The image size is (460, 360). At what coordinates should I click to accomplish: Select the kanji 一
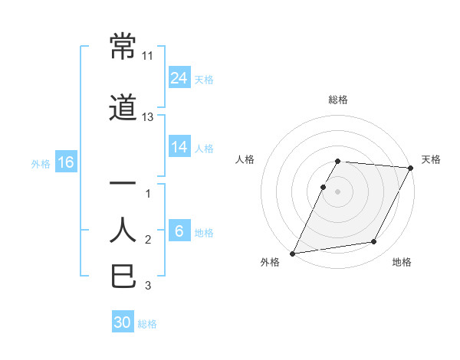coord(123,184)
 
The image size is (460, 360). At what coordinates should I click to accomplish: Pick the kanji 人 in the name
coord(123,230)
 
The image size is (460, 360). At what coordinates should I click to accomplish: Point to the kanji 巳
coord(123,276)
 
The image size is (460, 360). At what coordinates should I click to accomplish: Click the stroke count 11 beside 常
coord(148,56)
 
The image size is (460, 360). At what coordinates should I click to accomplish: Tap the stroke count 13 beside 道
coord(148,117)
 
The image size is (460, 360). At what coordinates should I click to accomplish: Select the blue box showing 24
coord(179,78)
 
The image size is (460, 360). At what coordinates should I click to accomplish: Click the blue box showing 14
coord(179,147)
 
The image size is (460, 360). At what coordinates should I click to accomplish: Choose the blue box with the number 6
coord(179,231)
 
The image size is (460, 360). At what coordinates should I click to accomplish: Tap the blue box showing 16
coord(65,162)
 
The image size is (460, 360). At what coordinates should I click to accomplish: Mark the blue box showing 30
coord(123,323)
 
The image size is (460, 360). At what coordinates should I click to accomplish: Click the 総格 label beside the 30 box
coord(147,324)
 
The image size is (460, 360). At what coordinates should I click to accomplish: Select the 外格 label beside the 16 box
coord(41,163)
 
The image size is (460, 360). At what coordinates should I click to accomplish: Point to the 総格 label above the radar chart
coord(338,100)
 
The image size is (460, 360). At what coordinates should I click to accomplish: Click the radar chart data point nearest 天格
coord(411,168)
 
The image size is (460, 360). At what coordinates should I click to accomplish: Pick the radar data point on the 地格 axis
coord(374,242)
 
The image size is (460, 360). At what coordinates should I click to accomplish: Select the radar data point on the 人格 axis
coord(323,187)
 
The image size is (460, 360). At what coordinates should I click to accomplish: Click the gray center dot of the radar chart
coord(338,191)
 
